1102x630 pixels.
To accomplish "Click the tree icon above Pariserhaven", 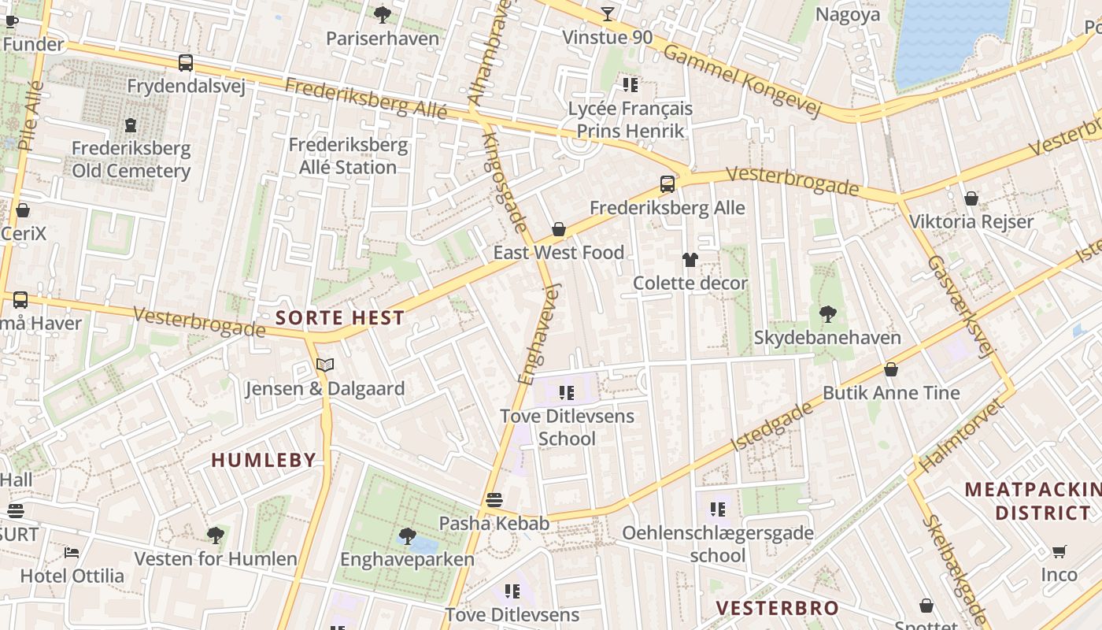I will pyautogui.click(x=383, y=14).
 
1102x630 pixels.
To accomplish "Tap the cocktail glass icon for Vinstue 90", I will pyautogui.click(x=608, y=13).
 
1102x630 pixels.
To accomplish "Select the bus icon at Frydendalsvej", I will pyautogui.click(x=186, y=63).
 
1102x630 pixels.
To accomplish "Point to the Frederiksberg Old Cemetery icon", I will pyautogui.click(x=131, y=124).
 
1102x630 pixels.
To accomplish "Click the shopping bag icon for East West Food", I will pyautogui.click(x=559, y=229).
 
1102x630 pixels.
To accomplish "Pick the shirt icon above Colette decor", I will pyautogui.click(x=690, y=259).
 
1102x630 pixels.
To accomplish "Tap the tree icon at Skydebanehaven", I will pyautogui.click(x=827, y=314).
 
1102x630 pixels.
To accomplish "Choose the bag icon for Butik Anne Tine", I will pyautogui.click(x=891, y=369).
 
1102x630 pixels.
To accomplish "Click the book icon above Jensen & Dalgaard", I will pyautogui.click(x=325, y=365).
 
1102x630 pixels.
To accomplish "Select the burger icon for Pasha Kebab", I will pyautogui.click(x=494, y=499).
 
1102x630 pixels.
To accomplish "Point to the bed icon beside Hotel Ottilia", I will pyautogui.click(x=72, y=552).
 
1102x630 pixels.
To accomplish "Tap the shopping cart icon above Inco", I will pyautogui.click(x=1059, y=551).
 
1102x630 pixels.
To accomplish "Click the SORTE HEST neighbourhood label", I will pyautogui.click(x=340, y=318).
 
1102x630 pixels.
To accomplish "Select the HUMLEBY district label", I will pyautogui.click(x=264, y=460).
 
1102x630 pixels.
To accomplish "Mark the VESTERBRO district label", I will pyautogui.click(x=778, y=608).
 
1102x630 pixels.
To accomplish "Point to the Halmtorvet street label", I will pyautogui.click(x=962, y=435).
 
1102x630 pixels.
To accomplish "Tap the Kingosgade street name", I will pyautogui.click(x=505, y=183).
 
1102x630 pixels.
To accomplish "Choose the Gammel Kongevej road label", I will pyautogui.click(x=742, y=81).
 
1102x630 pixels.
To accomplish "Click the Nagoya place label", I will pyautogui.click(x=848, y=14).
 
